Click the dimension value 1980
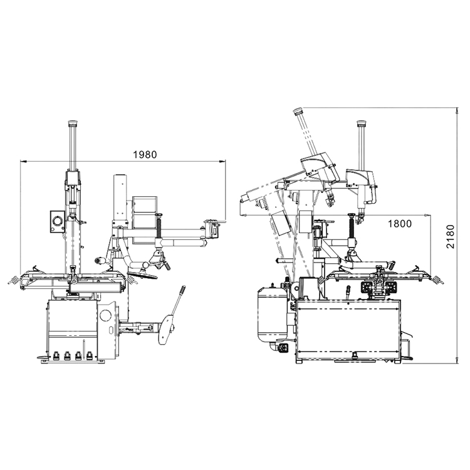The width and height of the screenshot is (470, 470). pos(145,155)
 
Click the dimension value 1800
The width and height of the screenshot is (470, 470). pos(400,224)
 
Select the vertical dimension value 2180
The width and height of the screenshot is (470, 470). pos(450,236)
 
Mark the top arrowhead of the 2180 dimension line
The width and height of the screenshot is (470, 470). pos(456,111)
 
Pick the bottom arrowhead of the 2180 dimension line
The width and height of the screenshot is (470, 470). pos(456,360)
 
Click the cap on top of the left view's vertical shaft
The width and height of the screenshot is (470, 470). pos(73,123)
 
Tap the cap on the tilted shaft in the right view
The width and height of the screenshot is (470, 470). pos(298,111)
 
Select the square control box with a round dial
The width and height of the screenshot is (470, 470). pos(57,221)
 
